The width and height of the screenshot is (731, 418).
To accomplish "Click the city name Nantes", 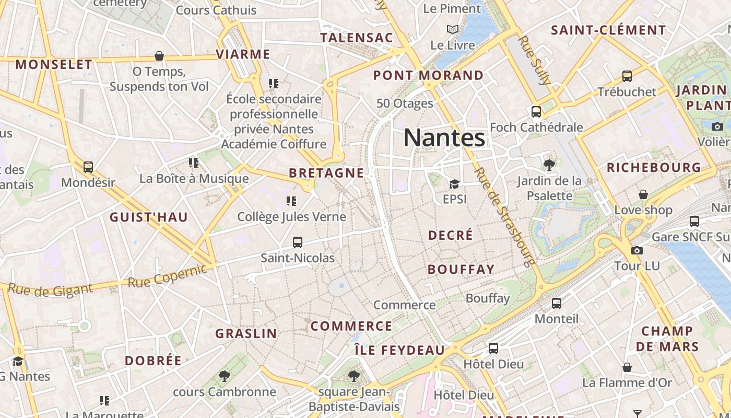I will click(x=444, y=138).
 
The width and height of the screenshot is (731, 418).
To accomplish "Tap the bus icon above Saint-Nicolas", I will click(x=298, y=242).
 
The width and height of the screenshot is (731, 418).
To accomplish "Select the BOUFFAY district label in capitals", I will click(x=461, y=270).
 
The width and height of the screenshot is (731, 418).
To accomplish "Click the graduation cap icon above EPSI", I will click(x=454, y=184).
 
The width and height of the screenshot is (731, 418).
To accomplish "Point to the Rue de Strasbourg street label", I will click(x=504, y=217).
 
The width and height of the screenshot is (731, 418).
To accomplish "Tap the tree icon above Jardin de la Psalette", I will click(x=549, y=165).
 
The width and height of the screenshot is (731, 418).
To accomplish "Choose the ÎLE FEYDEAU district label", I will click(x=399, y=350).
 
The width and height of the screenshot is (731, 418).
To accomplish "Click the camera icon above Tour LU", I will click(x=636, y=251).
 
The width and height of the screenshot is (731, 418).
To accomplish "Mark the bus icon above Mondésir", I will click(x=88, y=167).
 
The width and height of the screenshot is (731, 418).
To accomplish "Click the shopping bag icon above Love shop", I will click(x=643, y=194).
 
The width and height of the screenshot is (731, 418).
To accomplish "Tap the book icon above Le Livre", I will click(x=453, y=30).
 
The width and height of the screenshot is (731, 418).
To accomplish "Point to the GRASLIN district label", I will click(x=246, y=333).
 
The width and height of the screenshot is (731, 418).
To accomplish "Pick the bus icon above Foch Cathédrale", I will click(x=536, y=111).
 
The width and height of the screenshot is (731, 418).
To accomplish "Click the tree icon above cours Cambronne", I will click(x=225, y=376).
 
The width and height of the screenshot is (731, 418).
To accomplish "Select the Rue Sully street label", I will click(x=535, y=60).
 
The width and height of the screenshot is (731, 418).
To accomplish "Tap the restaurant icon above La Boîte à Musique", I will click(x=194, y=163).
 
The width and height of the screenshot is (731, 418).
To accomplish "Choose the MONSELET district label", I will click(x=54, y=65).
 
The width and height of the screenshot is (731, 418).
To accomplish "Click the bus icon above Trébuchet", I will click(x=627, y=76).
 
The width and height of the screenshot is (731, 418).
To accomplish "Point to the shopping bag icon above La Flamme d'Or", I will click(x=627, y=367).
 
